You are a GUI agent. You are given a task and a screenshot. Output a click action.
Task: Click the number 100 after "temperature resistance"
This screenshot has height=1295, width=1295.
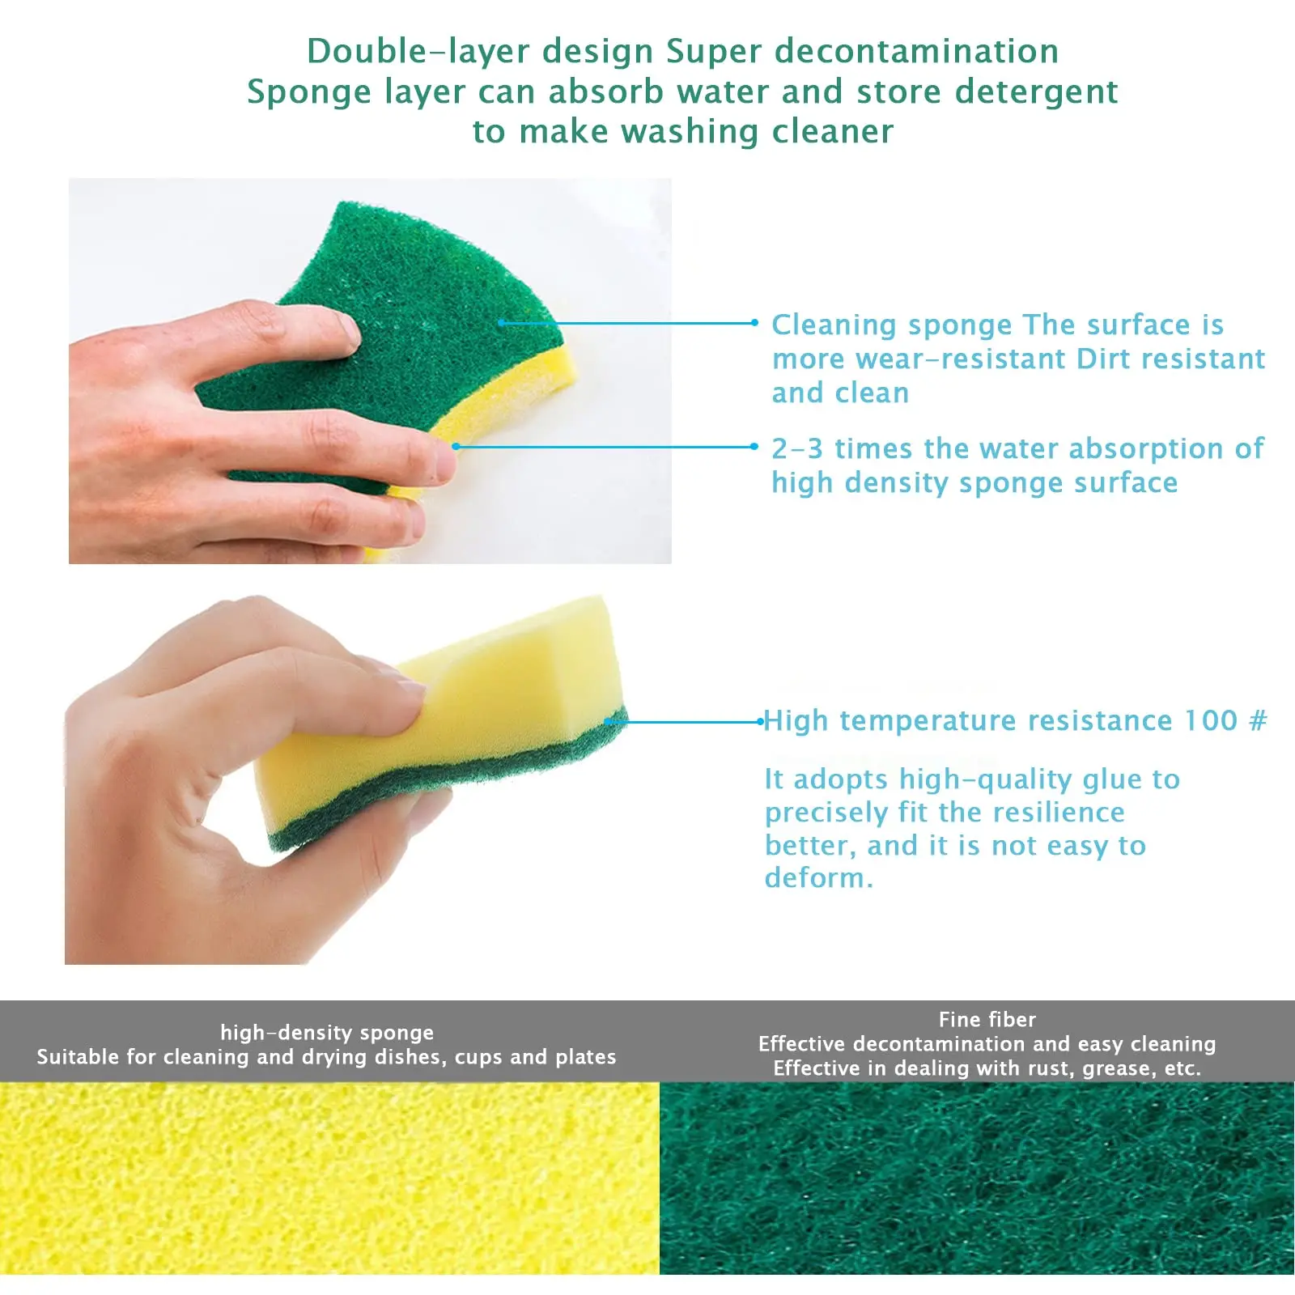click(x=1211, y=720)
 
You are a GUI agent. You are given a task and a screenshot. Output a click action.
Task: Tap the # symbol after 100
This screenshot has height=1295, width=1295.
click(x=1258, y=720)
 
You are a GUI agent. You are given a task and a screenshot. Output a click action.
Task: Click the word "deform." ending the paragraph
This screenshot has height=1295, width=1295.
click(x=818, y=878)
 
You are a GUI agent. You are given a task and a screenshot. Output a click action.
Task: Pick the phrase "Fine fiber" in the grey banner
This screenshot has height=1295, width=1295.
click(x=987, y=1019)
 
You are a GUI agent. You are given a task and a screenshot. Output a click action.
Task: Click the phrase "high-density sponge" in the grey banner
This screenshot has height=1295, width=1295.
click(x=327, y=1032)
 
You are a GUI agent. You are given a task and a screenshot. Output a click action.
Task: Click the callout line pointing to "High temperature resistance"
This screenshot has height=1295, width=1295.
click(x=688, y=721)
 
